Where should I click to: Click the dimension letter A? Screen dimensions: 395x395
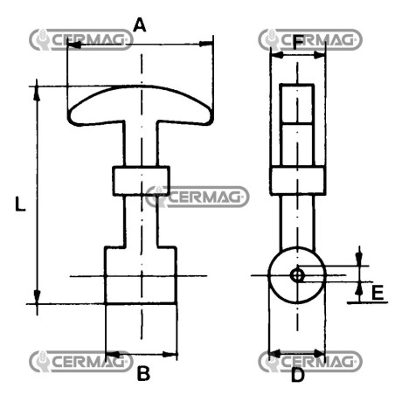(139, 24)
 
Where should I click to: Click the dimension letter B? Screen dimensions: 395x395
(143, 373)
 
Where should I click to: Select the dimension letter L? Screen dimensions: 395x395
(20, 204)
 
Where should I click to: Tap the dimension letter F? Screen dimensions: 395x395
(297, 43)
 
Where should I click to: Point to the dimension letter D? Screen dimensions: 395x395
(297, 375)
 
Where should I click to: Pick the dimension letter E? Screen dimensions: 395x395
(378, 293)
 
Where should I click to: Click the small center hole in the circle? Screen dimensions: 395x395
(297, 275)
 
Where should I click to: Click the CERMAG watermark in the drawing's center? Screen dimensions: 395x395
(197, 197)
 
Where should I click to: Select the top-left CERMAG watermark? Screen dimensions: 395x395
(81, 39)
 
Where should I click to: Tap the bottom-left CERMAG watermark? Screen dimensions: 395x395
(81, 362)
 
